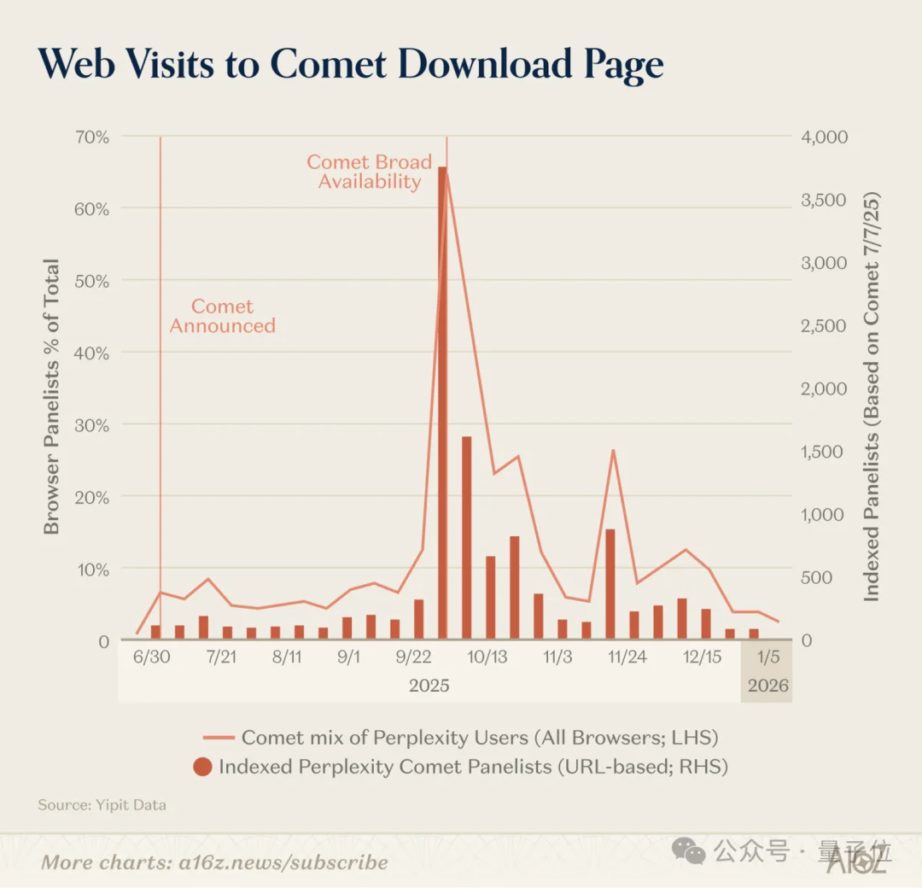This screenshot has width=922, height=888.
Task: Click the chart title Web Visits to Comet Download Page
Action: tap(351, 65)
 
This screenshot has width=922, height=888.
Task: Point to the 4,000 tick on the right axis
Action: tap(823, 137)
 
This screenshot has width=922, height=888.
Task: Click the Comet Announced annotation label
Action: tap(222, 316)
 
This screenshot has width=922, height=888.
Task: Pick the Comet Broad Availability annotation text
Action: tap(370, 172)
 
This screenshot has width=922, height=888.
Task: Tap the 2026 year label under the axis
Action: tap(767, 686)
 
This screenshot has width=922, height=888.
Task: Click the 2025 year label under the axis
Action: tap(429, 686)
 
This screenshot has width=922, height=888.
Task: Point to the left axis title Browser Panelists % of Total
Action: tap(53, 396)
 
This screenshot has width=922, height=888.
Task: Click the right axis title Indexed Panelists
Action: tap(871, 396)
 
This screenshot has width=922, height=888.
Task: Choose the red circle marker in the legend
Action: tap(202, 767)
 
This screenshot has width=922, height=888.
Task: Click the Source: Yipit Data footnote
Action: tap(102, 805)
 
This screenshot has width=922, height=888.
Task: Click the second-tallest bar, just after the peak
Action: tap(467, 537)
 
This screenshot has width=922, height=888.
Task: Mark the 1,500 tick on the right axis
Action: tap(823, 452)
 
